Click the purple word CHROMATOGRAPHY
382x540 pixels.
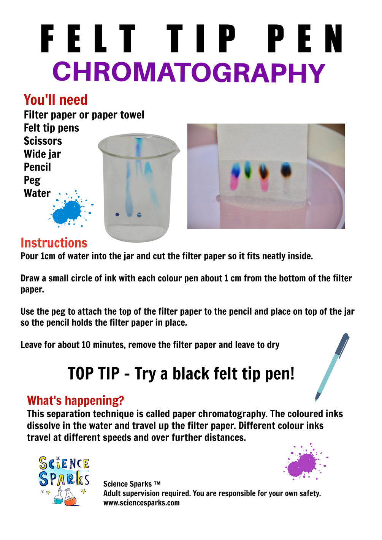pos(189,72)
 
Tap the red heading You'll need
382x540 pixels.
pos(55,100)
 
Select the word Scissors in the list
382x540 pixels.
pos(43,141)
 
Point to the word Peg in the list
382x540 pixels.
pos(32,180)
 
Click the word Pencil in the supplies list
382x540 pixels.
pos(37,167)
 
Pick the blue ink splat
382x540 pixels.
pos(70,209)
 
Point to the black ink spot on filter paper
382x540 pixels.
pos(286,170)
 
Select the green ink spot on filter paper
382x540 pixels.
pos(247,169)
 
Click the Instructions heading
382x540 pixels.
pos(54,243)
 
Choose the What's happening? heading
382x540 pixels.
pos(76,400)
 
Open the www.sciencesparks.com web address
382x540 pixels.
pos(141,503)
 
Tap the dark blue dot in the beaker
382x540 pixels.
pos(117,214)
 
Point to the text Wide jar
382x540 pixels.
pos(42,154)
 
